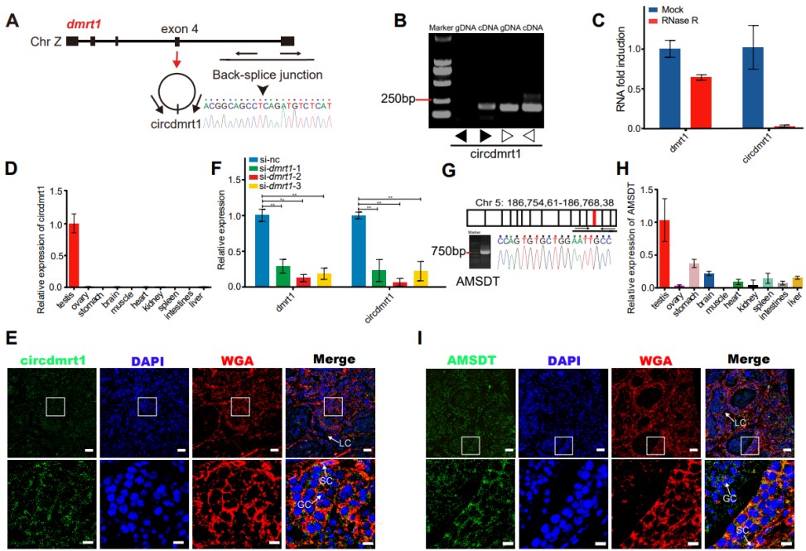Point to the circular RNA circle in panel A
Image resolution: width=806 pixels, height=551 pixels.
click(x=178, y=94)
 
